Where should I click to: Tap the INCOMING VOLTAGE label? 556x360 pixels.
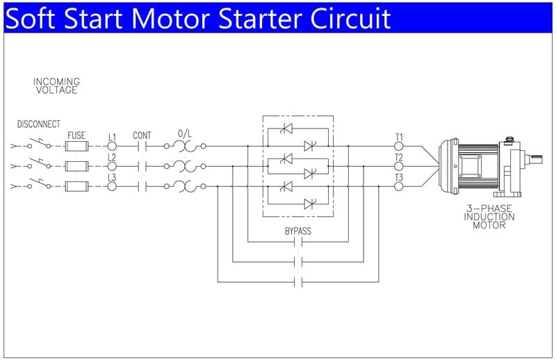[56, 85]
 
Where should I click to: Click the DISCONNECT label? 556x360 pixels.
[38, 124]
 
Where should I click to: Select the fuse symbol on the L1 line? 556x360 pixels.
[76, 147]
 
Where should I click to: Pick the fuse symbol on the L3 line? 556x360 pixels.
[76, 186]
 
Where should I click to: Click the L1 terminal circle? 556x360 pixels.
[111, 147]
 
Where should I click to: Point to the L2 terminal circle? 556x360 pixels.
[111, 166]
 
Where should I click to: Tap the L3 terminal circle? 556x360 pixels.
[111, 186]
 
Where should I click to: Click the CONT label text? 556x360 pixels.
[142, 135]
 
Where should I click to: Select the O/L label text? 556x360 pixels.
[185, 133]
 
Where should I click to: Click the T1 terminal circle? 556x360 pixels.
[399, 147]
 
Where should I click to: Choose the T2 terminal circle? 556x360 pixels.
[399, 166]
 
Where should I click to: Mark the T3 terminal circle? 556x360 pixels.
[399, 186]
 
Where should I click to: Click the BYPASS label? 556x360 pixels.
[297, 231]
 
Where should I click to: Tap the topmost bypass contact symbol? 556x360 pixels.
[299, 243]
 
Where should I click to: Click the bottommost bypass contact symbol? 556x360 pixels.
[299, 282]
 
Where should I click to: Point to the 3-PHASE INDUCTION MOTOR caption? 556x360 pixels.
[489, 217]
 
